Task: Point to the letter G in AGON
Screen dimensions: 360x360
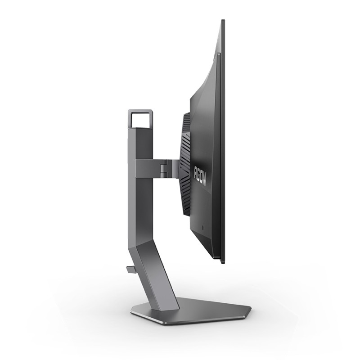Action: [199, 169]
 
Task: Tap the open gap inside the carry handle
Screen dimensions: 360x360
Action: [140, 119]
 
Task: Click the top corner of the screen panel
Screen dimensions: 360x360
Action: [223, 20]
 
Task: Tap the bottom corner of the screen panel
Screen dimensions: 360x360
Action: [222, 264]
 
